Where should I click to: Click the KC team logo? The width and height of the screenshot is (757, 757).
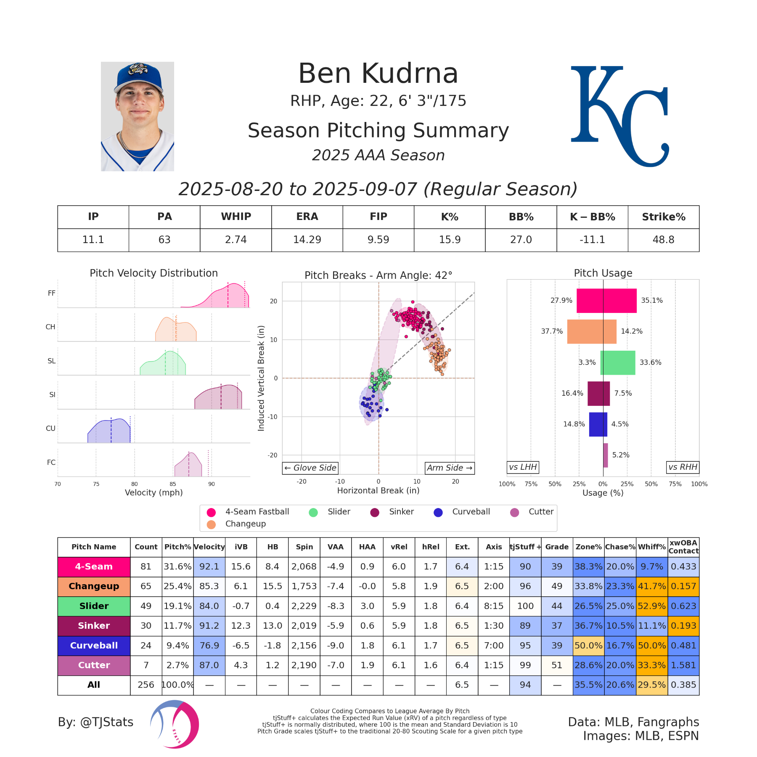[x=619, y=116]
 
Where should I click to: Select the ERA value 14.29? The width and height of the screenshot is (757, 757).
[x=307, y=240]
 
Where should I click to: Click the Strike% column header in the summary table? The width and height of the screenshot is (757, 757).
[x=663, y=217]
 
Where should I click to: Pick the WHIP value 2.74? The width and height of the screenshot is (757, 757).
[x=236, y=240]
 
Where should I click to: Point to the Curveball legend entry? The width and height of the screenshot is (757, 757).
[x=462, y=512]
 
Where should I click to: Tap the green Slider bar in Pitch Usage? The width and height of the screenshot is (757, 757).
[x=617, y=363]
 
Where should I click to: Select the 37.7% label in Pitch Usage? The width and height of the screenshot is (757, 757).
[x=552, y=331]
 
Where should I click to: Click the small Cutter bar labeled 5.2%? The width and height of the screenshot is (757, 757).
[x=605, y=455]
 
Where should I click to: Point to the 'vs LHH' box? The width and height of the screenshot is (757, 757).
[x=523, y=467]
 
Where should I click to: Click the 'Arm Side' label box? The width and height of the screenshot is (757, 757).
[x=450, y=468]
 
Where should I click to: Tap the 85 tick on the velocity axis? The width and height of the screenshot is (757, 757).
[x=173, y=484]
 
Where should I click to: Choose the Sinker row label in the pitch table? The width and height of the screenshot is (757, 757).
[x=94, y=626]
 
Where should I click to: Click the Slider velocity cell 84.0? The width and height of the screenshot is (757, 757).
[x=209, y=606]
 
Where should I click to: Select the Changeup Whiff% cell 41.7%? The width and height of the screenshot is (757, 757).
[x=651, y=586]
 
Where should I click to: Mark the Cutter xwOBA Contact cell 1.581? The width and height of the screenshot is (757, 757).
[x=683, y=665]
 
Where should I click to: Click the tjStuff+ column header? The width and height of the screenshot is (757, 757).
[x=525, y=547]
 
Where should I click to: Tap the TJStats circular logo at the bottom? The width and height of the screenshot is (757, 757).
[x=175, y=724]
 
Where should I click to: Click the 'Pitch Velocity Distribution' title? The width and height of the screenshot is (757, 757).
[x=154, y=273]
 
